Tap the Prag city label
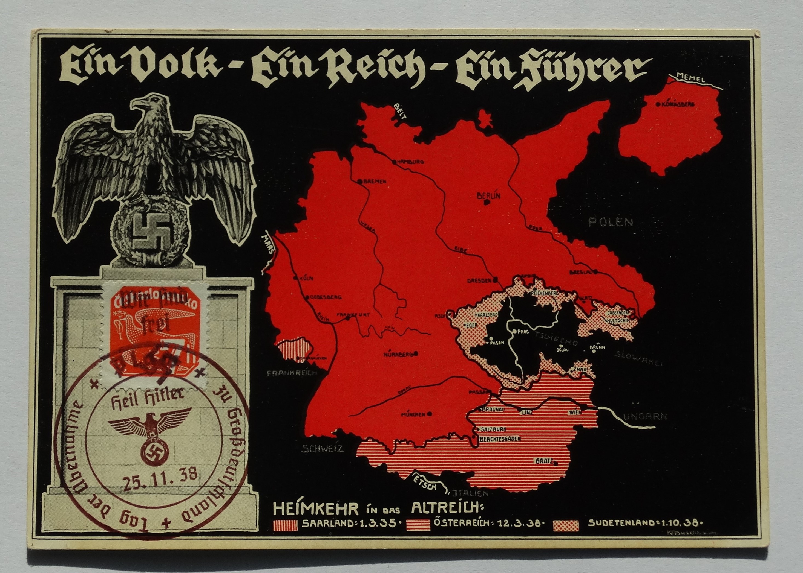point(523,331)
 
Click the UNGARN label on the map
point(645,417)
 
